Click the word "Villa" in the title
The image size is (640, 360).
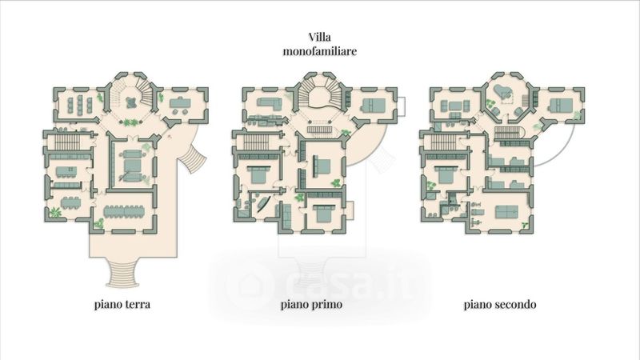click(319, 37)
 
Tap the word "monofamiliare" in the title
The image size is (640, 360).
click(319, 51)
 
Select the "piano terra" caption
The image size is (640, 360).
click(122, 305)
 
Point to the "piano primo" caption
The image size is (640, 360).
click(311, 305)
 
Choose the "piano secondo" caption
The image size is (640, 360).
click(499, 305)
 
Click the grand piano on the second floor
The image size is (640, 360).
click(502, 92)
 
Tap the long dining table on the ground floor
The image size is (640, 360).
click(124, 212)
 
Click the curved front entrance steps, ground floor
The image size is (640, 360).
click(124, 274)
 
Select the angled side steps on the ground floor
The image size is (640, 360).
click(193, 158)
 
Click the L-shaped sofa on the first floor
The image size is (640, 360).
click(269, 104)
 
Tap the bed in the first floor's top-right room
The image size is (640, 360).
click(374, 105)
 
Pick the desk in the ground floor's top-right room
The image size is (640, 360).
click(179, 102)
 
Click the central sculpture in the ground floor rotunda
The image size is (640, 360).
click(131, 102)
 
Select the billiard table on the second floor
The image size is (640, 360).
click(506, 211)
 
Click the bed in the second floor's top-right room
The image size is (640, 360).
click(560, 105)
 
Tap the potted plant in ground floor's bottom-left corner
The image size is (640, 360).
click(54, 212)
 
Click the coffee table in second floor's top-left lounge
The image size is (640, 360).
click(455, 106)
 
